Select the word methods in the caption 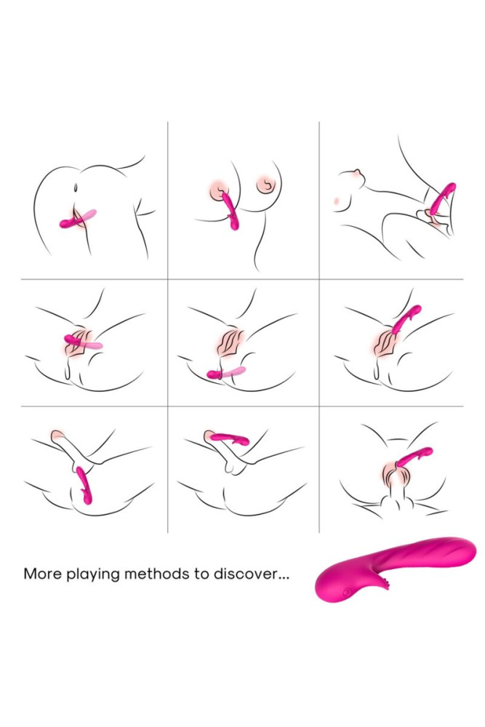tap(156, 574)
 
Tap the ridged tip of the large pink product tap(454, 552)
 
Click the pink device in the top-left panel tap(76, 219)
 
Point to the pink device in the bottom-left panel tap(84, 484)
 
